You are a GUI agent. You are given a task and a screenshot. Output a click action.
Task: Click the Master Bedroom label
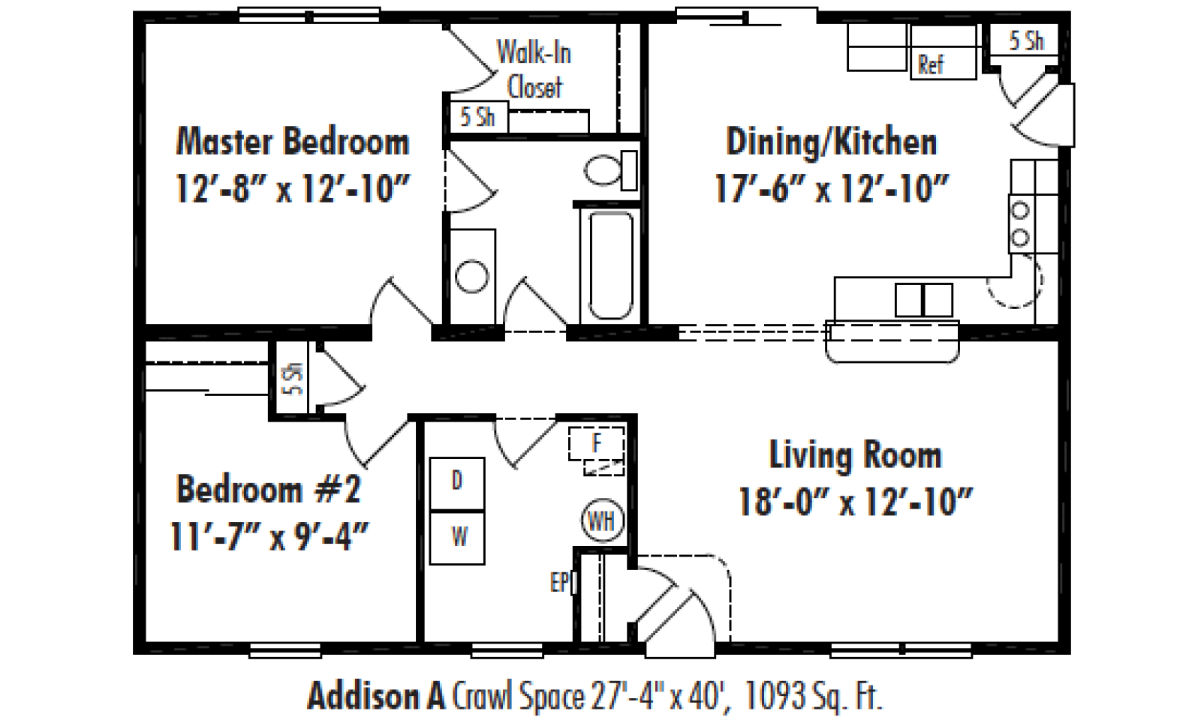coord(293,142)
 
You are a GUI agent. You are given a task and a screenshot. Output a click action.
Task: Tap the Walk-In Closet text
coord(534,70)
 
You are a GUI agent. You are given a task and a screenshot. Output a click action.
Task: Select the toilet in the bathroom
coord(611,170)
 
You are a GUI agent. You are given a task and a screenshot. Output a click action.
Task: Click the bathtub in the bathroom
coord(611,265)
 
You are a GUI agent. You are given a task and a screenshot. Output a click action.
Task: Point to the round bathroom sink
coord(472,277)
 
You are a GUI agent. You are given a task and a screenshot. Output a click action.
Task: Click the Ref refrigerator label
coord(931,64)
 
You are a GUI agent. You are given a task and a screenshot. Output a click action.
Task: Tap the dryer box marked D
coord(457,483)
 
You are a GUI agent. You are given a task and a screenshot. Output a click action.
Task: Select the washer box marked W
coord(457,537)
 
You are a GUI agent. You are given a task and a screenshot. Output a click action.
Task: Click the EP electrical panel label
coord(558,582)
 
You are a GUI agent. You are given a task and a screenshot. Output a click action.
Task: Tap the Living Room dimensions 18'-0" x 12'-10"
coord(855,502)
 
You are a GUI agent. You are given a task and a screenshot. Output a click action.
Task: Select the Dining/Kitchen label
coord(832,142)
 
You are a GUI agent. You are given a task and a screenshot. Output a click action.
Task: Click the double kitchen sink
coord(924,300)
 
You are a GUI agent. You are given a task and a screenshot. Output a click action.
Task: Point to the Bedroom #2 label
coord(269,489)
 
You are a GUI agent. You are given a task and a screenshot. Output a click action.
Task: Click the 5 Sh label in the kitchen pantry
coord(1026,40)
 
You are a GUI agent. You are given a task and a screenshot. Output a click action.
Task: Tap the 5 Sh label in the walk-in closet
coord(477,117)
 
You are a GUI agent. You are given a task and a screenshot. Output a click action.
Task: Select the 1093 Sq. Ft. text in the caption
coord(814,696)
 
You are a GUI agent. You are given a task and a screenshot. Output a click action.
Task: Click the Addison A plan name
coord(376,696)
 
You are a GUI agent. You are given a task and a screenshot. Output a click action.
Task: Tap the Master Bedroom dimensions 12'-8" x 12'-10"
coord(293,188)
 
